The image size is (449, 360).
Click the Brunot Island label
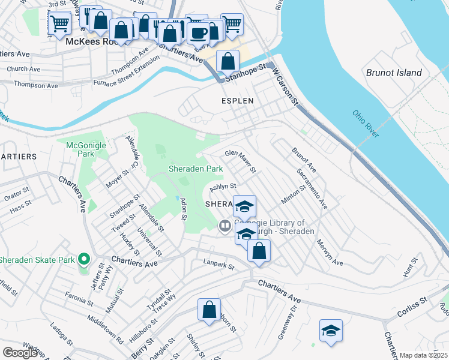point(394,73)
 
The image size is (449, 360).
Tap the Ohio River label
point(366,124)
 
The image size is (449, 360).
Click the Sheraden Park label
point(196,169)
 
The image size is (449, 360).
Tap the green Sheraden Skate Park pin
point(84,260)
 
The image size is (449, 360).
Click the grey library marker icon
point(225,226)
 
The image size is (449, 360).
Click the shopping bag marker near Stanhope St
point(228,61)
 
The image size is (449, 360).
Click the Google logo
point(20,353)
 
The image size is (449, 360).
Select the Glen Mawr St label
point(241,161)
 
